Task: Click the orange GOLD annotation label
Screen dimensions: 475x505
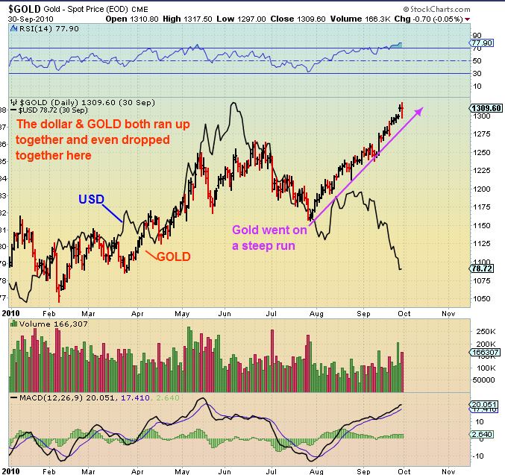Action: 173,257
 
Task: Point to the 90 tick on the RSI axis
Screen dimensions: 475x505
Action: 474,35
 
